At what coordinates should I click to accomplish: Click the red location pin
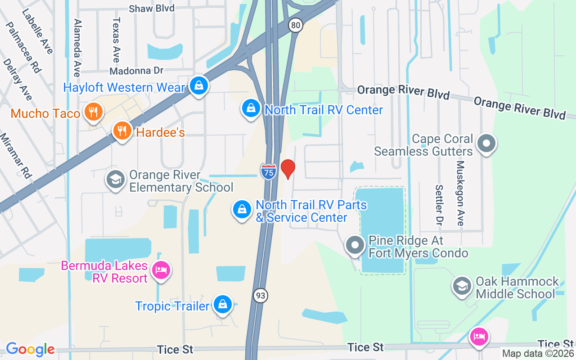(288, 169)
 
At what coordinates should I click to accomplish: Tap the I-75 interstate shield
(269, 172)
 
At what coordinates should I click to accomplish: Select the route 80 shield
(296, 25)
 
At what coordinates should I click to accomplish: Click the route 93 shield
(260, 296)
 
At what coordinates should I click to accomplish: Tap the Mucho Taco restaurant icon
(93, 112)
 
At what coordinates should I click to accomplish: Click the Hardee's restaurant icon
(122, 131)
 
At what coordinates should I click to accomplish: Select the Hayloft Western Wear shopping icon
(198, 85)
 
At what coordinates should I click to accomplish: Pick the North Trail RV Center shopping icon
(251, 108)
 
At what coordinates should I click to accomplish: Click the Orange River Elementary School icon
(116, 180)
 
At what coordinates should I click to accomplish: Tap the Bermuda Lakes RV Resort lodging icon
(161, 270)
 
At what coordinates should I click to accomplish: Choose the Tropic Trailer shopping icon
(222, 305)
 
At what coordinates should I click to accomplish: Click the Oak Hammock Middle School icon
(462, 287)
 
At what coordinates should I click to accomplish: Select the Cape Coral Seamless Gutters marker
(486, 144)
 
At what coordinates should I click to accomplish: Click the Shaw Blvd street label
(151, 8)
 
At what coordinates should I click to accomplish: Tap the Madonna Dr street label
(136, 71)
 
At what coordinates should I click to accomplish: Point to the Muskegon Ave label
(460, 193)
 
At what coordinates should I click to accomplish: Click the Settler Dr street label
(439, 205)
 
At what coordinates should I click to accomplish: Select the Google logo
(30, 349)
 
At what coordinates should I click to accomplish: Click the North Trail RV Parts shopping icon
(242, 210)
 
